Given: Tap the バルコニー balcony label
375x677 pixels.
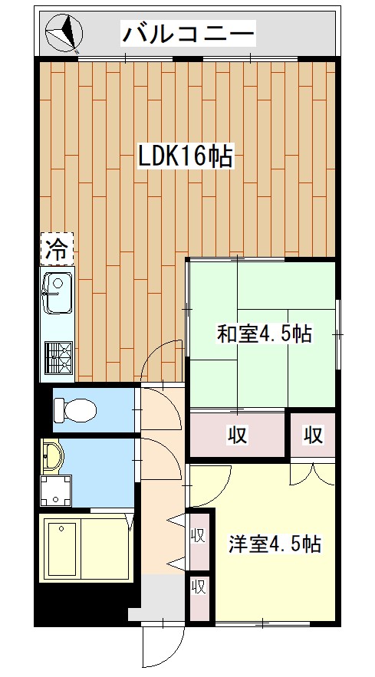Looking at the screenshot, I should click(189, 35).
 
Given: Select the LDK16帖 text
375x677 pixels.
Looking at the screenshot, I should click(185, 157).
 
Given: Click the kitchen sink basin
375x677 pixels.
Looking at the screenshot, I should click(57, 292).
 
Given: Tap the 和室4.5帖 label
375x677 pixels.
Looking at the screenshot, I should click(263, 334).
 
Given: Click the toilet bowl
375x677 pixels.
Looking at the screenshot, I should click(75, 412).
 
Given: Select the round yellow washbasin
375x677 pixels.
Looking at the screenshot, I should click(53, 457).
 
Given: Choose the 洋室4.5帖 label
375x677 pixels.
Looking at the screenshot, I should click(274, 544).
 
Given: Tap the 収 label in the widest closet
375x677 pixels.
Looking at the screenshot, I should click(237, 435).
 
